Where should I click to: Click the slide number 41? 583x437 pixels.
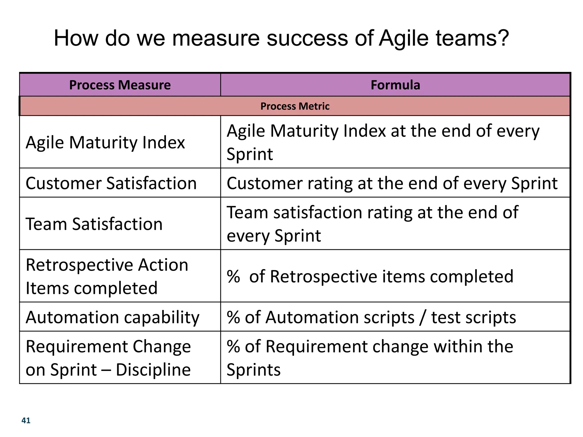(x=26, y=420)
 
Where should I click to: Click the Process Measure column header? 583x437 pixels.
(x=120, y=85)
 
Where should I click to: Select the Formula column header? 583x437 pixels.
(x=395, y=85)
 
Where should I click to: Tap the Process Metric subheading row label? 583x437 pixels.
(x=295, y=106)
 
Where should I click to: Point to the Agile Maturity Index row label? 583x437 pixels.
(x=105, y=143)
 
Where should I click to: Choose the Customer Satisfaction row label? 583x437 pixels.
(x=111, y=183)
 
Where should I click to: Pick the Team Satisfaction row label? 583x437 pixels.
(x=94, y=224)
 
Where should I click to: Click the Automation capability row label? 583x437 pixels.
(x=112, y=317)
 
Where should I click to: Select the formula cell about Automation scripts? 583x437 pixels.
(x=371, y=317)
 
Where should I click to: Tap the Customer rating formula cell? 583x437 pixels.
(x=392, y=183)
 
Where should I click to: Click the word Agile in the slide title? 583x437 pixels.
(x=404, y=38)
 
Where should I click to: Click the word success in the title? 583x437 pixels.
(x=307, y=38)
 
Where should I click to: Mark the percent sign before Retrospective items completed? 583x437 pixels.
(x=233, y=277)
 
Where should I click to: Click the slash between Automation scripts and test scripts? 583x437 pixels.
(x=422, y=318)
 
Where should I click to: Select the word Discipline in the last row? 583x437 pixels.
(x=153, y=370)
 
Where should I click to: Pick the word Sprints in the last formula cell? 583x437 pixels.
(x=254, y=370)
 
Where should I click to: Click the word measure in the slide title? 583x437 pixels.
(x=216, y=38)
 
